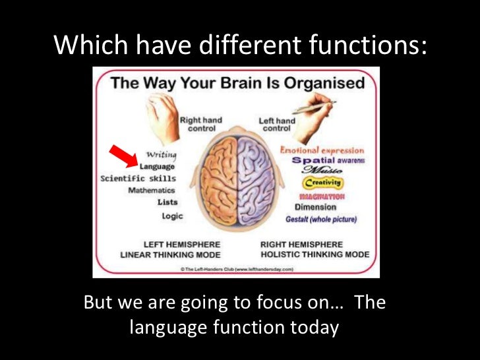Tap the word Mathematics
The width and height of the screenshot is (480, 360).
click(x=152, y=191)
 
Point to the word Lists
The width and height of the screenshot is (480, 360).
click(x=167, y=202)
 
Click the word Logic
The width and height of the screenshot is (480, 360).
click(x=172, y=216)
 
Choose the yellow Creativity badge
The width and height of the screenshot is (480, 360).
click(x=323, y=183)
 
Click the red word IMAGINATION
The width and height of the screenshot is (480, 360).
click(x=322, y=196)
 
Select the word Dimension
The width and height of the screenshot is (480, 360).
click(x=315, y=207)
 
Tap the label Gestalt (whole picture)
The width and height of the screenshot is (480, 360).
click(x=321, y=219)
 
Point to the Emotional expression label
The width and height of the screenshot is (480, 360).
click(x=322, y=150)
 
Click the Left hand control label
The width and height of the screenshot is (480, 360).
click(x=277, y=125)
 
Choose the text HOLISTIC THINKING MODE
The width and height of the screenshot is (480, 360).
click(x=315, y=255)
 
